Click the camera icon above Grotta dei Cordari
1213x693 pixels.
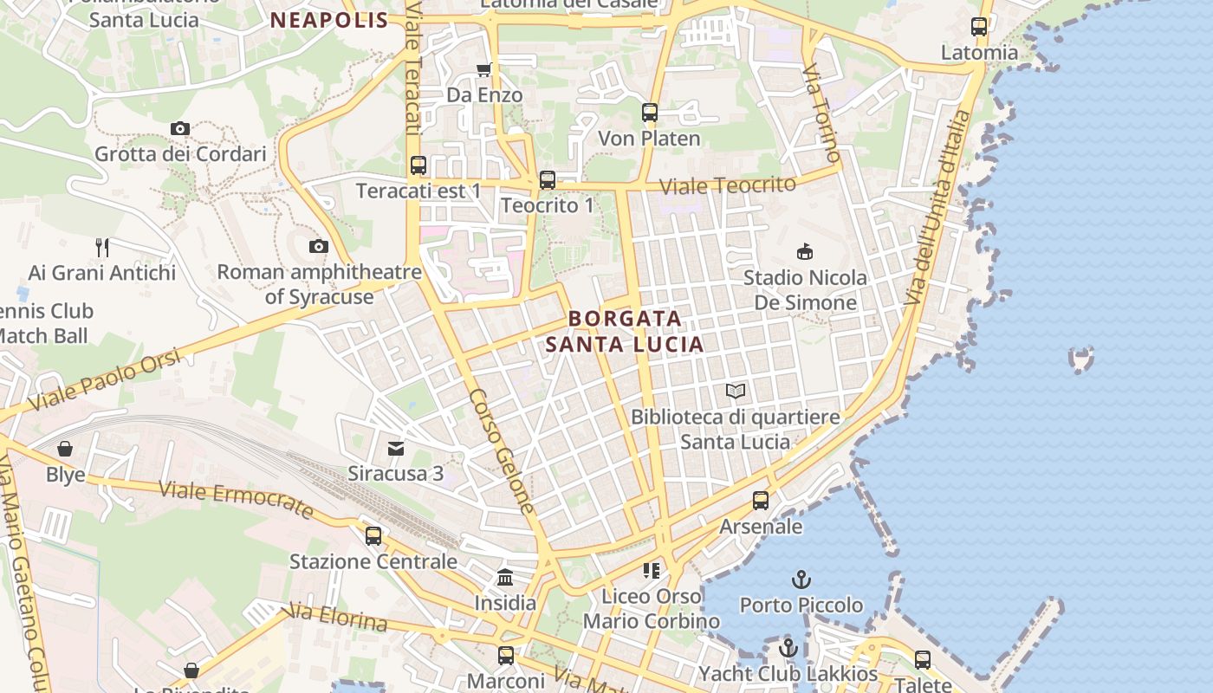pos(180,129)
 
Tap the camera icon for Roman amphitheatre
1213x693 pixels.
pos(319,247)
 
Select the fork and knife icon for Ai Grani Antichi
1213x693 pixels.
pos(102,248)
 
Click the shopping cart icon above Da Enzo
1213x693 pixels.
pos(483,69)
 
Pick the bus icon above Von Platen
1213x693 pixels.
pos(650,113)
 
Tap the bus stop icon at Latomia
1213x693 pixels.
pos(979,27)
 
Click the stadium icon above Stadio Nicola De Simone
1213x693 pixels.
pos(805,252)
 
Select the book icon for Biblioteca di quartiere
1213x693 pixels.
pos(736,392)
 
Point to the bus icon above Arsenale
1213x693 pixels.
pos(761,501)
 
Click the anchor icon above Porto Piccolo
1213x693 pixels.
pos(801,579)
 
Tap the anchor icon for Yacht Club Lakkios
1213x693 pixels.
pos(788,648)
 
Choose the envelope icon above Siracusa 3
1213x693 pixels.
pos(396,448)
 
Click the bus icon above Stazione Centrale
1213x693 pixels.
pos(373,536)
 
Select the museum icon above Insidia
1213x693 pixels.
pos(505,577)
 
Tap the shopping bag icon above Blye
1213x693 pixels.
pos(65,449)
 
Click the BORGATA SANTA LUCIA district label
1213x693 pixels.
pos(625,332)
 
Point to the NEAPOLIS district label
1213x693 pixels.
pos(329,20)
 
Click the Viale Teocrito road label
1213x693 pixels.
pos(727,185)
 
